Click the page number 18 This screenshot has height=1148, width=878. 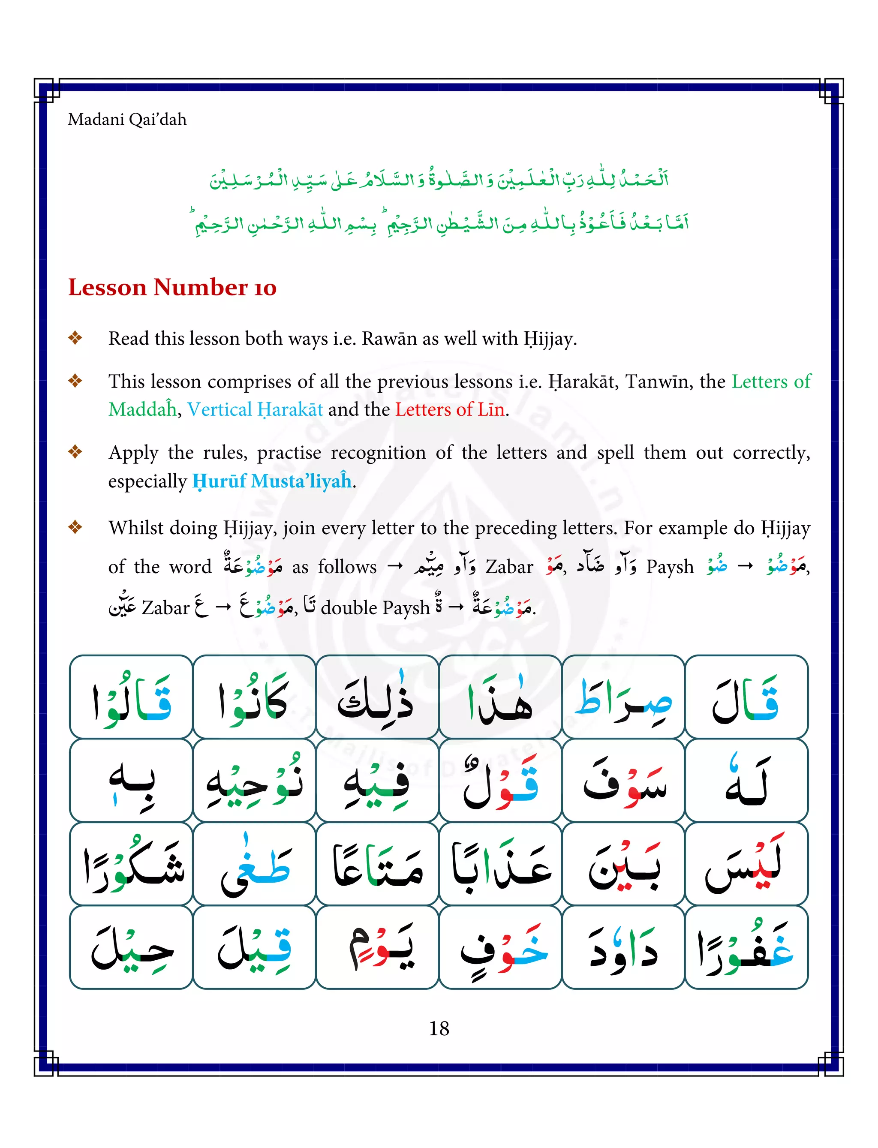tap(439, 1028)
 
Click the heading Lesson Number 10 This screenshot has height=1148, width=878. tap(172, 287)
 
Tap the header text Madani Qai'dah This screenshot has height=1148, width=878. tap(127, 120)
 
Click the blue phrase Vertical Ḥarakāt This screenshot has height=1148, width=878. tap(255, 409)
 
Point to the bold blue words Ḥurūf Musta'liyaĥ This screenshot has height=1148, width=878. tap(272, 481)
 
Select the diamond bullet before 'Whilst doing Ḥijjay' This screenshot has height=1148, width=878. tap(75, 527)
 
